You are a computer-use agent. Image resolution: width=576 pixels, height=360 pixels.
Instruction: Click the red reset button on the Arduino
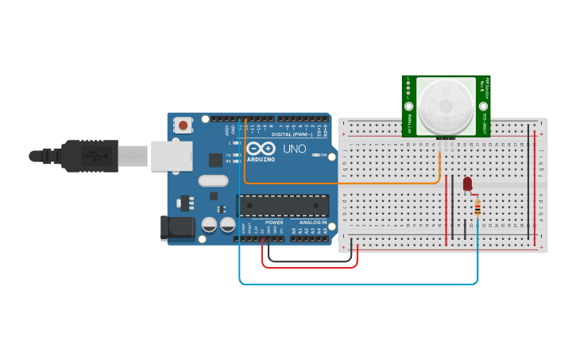coord(184,125)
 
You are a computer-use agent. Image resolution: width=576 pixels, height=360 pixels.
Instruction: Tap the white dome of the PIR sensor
coord(446,104)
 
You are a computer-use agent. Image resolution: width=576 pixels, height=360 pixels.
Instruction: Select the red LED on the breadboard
coord(467,184)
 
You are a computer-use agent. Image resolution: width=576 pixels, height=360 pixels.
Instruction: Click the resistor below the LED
coord(477,207)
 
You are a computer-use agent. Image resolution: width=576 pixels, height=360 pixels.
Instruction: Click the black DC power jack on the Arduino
coord(177,228)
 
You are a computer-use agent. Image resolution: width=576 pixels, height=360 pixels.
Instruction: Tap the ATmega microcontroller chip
coord(282,206)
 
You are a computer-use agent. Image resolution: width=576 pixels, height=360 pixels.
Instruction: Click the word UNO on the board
coord(295,149)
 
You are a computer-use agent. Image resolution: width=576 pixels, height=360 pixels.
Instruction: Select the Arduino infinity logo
coord(261,149)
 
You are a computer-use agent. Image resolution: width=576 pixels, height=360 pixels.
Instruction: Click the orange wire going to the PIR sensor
coord(342,184)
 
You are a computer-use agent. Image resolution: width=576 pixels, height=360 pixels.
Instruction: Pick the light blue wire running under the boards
coord(358,283)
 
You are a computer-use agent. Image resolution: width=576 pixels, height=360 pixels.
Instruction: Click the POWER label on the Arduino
coord(274,223)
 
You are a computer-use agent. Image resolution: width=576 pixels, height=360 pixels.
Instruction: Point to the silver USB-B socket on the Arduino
coord(172,156)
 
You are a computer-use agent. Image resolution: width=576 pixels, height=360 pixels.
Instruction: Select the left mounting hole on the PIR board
coord(409,106)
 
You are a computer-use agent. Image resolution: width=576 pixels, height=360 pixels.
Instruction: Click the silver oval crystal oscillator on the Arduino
coord(213,180)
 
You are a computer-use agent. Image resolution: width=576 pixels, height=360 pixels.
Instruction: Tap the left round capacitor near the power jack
coord(209,225)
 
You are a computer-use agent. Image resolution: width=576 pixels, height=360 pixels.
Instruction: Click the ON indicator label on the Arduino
coord(322,155)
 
